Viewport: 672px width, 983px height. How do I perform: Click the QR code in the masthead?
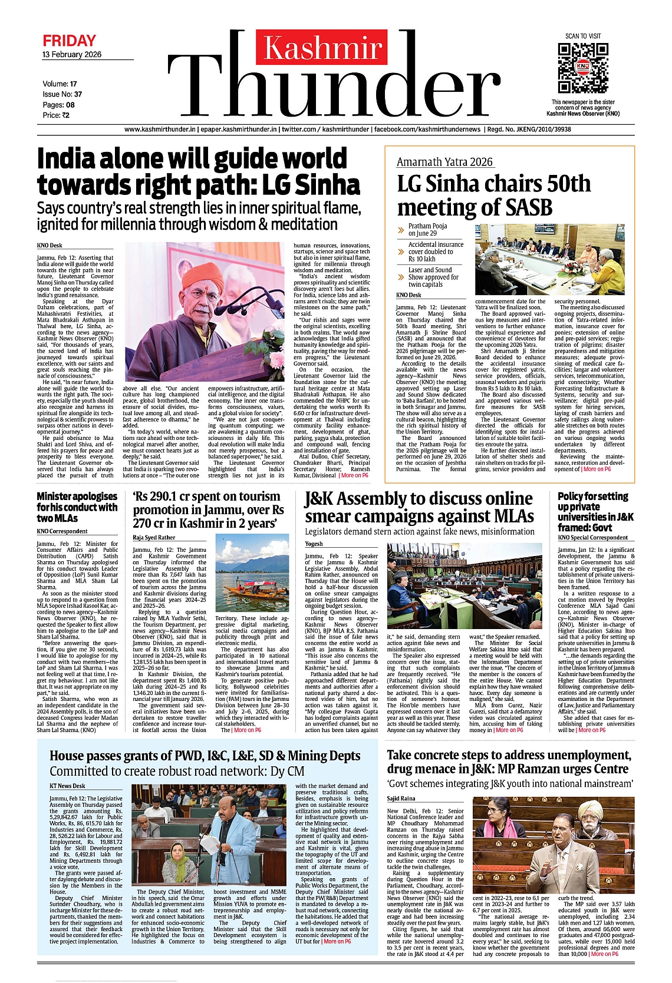coord(582,67)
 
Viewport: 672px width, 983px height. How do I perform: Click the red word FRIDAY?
coord(69,41)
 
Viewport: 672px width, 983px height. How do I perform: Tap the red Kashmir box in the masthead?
coord(322,48)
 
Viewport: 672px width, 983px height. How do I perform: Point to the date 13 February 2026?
coord(72,55)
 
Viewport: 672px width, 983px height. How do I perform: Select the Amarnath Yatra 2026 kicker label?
coord(444,162)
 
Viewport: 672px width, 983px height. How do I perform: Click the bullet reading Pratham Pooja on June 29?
coord(427,230)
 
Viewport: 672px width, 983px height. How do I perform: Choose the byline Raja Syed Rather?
coord(154,537)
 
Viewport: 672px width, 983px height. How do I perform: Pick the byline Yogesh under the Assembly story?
coord(314,544)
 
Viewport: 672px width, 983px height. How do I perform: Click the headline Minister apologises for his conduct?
coord(77,507)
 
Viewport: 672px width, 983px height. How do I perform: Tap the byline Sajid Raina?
coord(401,799)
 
